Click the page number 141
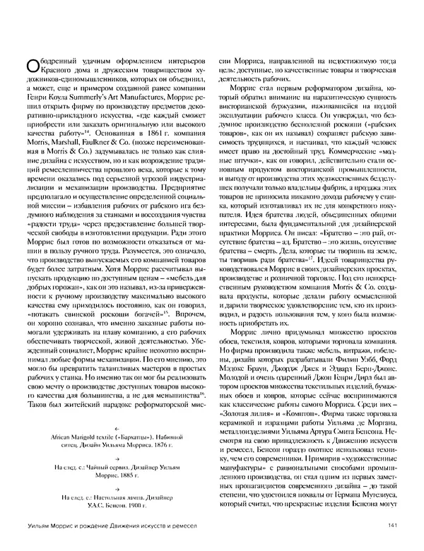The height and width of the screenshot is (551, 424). click(396, 543)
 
